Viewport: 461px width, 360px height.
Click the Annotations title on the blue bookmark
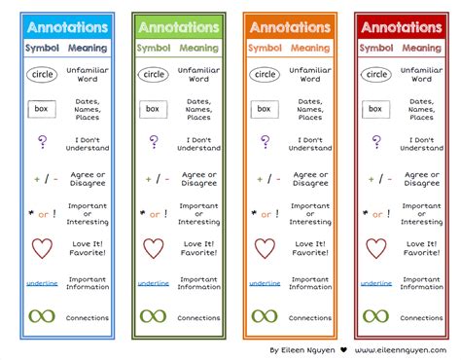[x=65, y=27]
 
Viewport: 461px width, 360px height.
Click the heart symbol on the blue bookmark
[x=41, y=248]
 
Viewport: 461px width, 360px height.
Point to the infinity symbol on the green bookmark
[x=152, y=316]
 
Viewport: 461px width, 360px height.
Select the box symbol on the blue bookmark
[x=41, y=109]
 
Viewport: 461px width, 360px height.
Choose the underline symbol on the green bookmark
[x=152, y=283]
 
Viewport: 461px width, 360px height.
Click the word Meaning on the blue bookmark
[x=89, y=48]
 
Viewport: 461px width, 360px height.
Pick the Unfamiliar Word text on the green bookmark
[x=198, y=74]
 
